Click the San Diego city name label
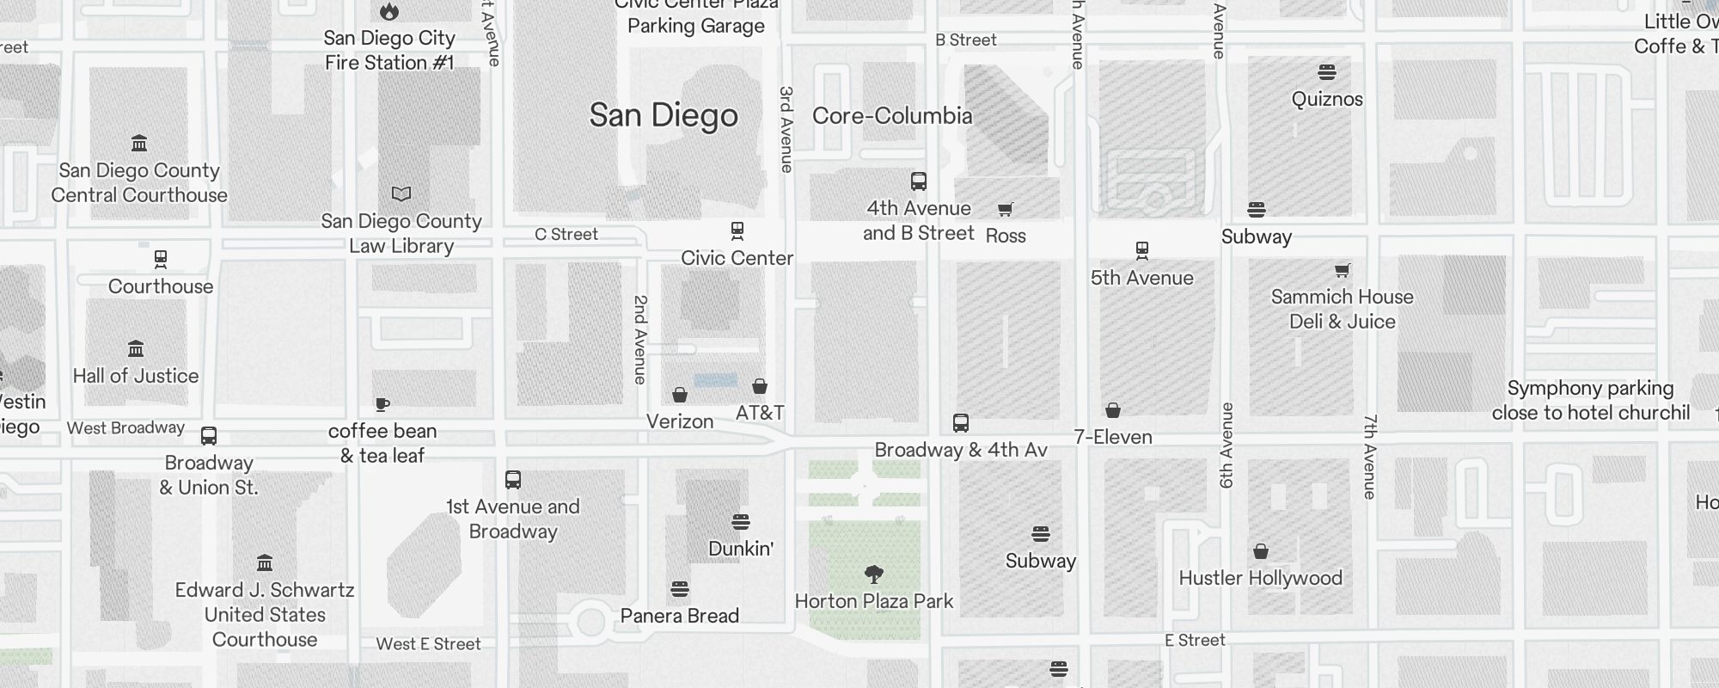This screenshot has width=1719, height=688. (664, 115)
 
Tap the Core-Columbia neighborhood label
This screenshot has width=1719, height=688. (892, 116)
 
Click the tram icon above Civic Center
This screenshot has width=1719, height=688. (737, 230)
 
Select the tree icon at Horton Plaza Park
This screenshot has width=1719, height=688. (874, 574)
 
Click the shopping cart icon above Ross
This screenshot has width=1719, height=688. (1005, 209)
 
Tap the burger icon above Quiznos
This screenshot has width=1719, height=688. (1327, 71)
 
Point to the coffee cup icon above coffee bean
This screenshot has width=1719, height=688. (382, 404)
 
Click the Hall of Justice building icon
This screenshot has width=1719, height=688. (136, 348)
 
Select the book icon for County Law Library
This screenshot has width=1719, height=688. (401, 193)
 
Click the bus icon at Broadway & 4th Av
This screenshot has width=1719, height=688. (961, 423)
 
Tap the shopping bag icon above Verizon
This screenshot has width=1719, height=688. (680, 395)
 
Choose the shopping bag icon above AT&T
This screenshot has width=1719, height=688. (760, 386)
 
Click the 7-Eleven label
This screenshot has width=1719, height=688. (1113, 437)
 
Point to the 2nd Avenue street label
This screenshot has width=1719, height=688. (640, 340)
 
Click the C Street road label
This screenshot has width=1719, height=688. (566, 234)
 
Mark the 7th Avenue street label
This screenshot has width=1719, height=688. (1370, 457)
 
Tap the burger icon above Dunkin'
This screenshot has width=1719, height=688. (741, 521)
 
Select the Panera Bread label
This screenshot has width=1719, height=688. (680, 616)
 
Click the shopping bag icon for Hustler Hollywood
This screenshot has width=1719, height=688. (1261, 551)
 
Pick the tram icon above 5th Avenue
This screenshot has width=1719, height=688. (1142, 250)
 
